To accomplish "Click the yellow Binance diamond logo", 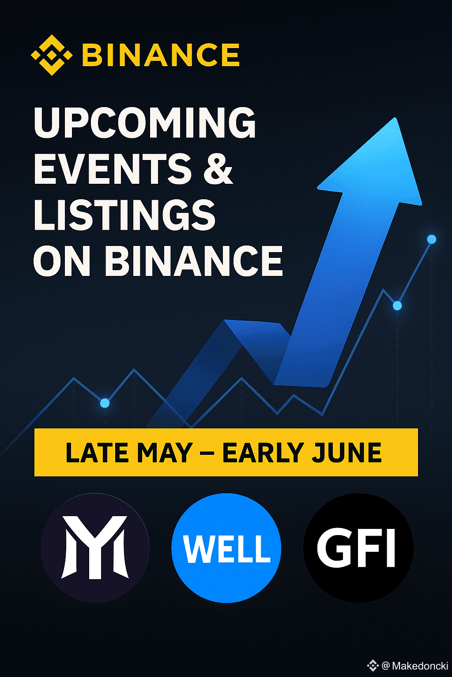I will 52,55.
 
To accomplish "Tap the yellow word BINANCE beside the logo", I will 161,55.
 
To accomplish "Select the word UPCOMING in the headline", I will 145,123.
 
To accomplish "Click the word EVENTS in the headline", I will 113,169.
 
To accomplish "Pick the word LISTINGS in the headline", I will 124,215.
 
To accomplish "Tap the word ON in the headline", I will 62,261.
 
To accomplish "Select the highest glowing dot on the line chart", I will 432,239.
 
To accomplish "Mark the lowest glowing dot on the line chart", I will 105,403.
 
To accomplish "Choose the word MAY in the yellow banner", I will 165,453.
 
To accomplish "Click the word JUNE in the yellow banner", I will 347,453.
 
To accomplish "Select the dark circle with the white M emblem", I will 95,548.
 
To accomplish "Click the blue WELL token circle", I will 226,548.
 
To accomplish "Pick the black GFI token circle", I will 358,548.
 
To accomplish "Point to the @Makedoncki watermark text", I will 415,666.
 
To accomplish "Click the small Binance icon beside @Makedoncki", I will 373,666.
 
